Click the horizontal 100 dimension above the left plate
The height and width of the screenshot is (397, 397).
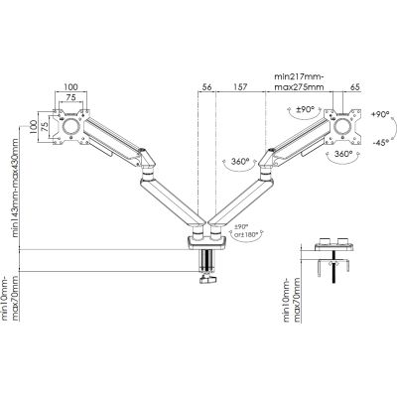pos(70,86)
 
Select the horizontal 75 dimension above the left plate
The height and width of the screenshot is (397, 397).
pos(70,99)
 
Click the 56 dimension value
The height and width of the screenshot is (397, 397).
pos(206,86)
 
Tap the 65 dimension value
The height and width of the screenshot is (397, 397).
pos(354,86)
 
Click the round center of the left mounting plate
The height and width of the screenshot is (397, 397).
pos(71,129)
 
